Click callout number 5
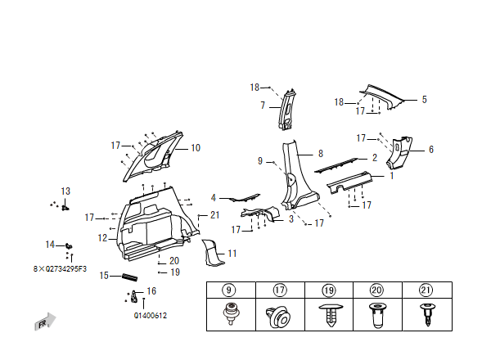425,100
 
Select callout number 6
431,149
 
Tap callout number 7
263,106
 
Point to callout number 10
196,148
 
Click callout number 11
232,254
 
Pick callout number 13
65,191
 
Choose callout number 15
104,276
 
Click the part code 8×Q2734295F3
60,268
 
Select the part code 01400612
151,315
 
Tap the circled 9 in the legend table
229,289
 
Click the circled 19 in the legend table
330,289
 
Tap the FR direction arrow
46,322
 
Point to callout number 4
214,198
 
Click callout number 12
102,238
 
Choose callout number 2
374,158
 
